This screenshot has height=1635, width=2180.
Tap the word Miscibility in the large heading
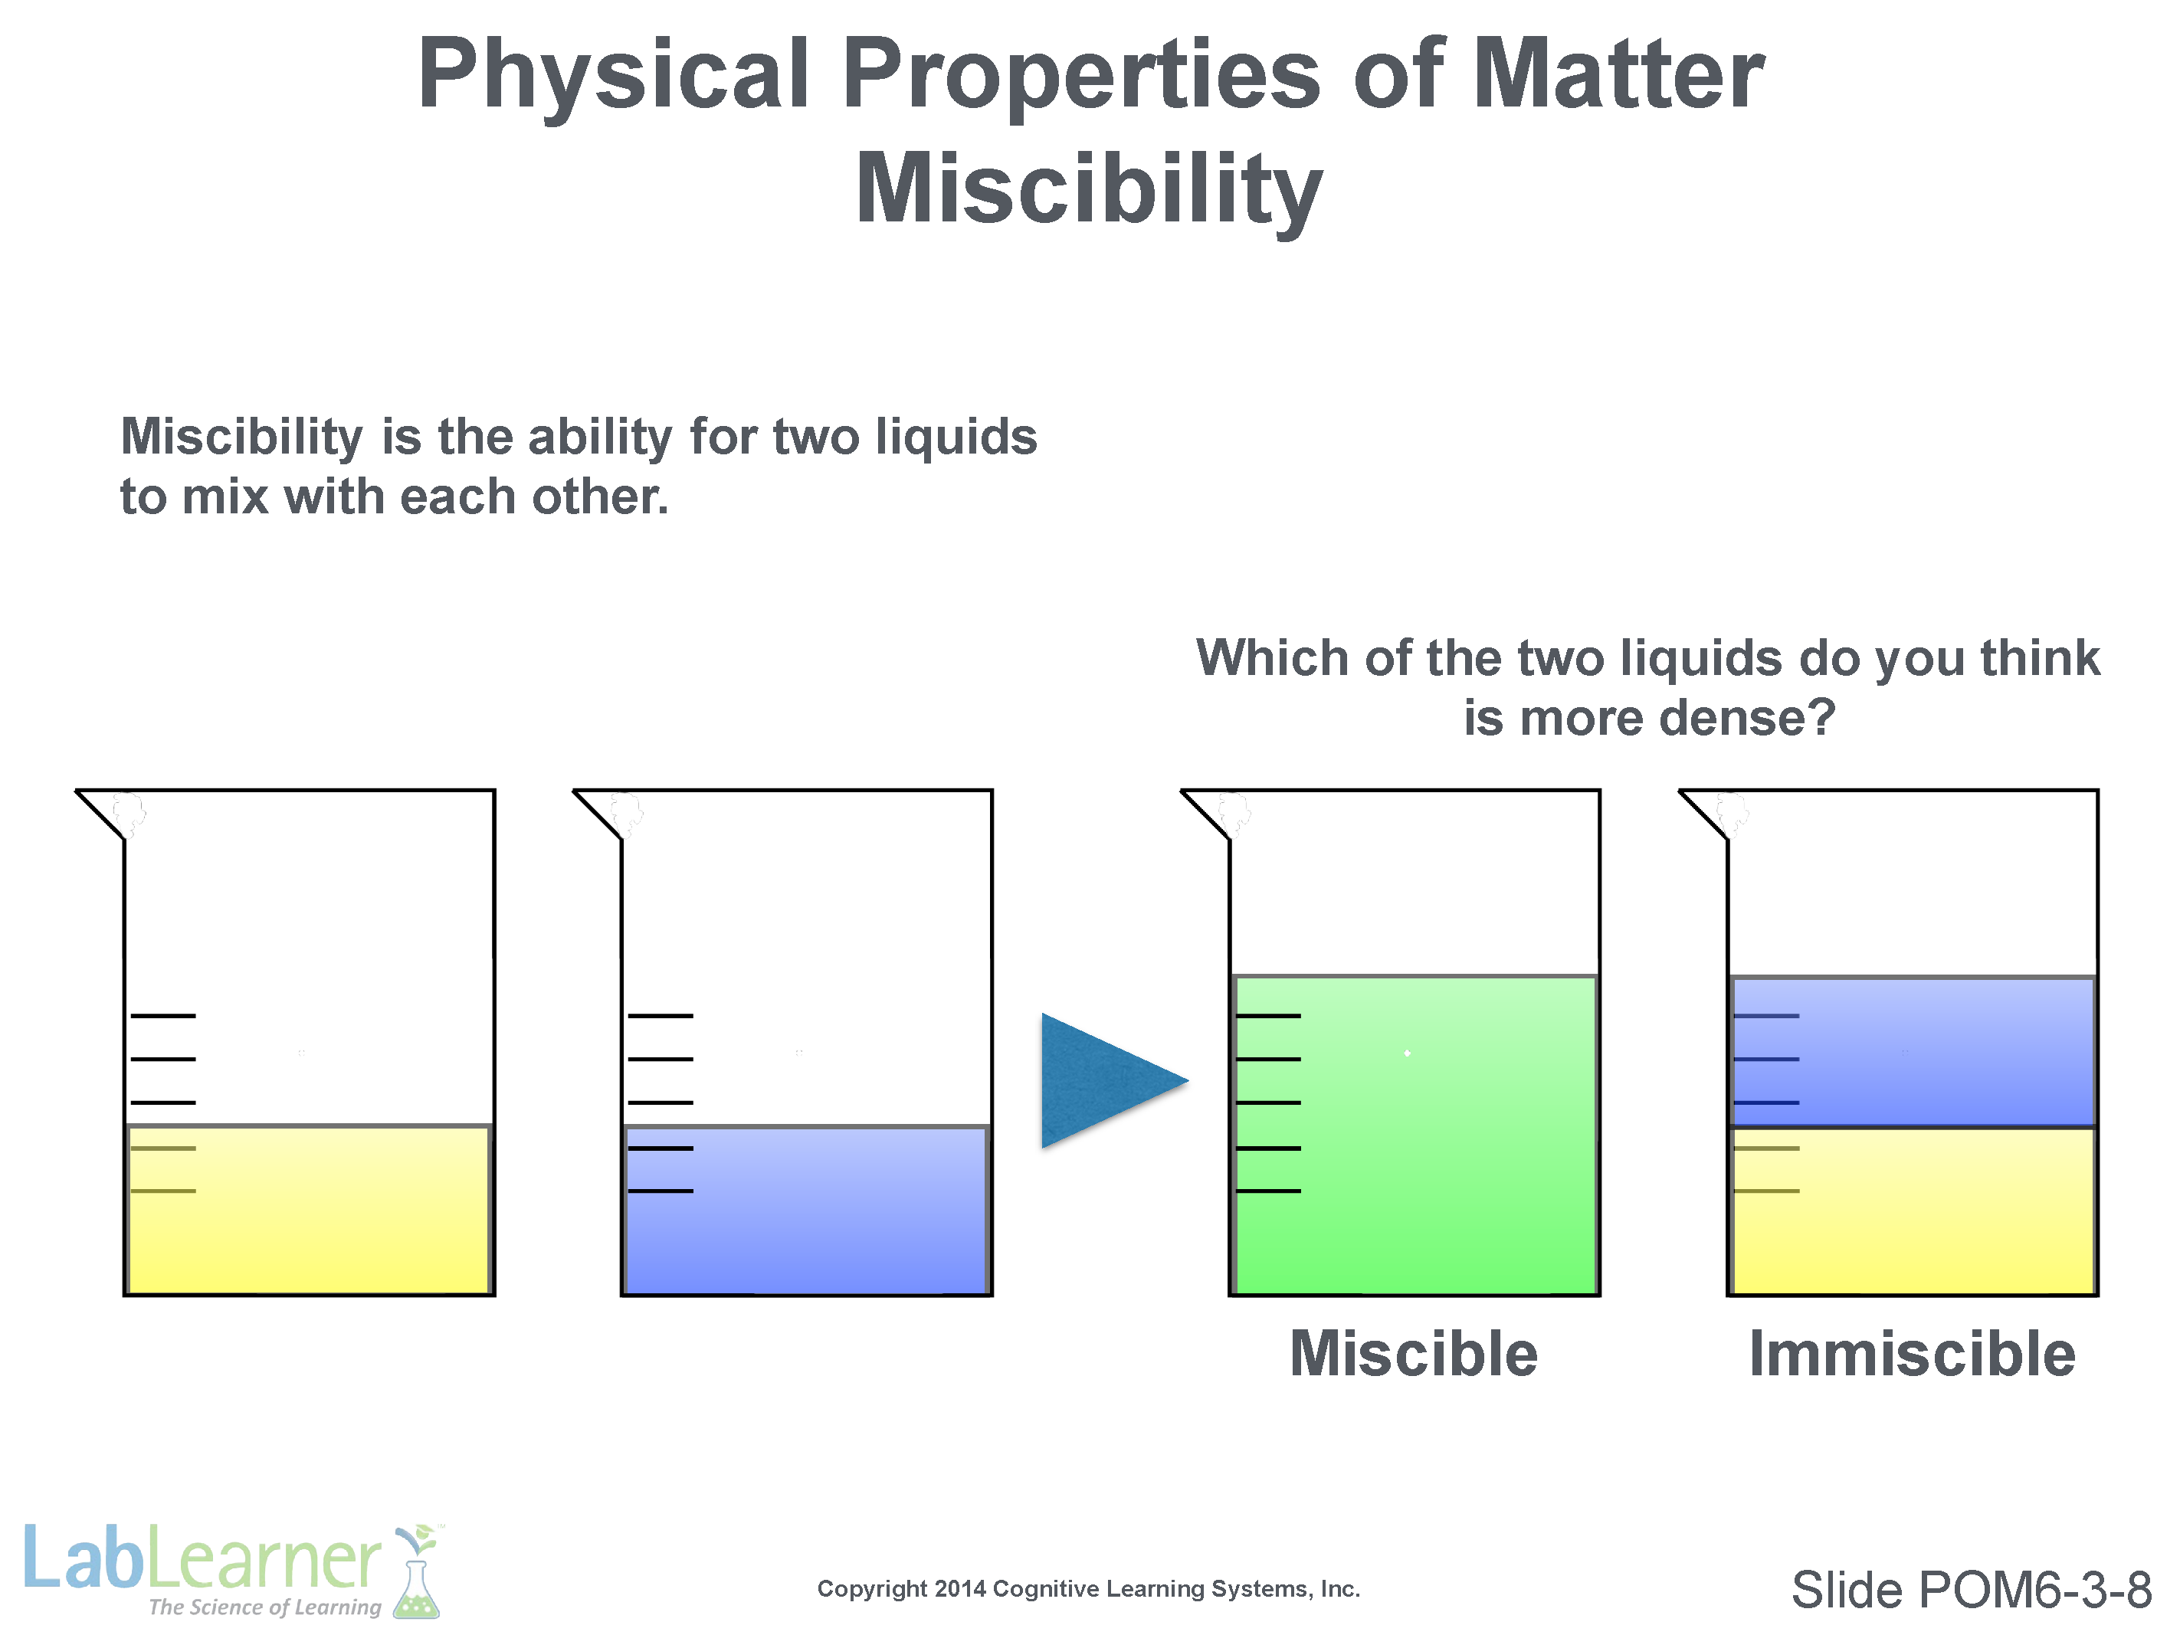[x=1089, y=190]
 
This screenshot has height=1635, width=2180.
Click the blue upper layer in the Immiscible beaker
[x=1913, y=1050]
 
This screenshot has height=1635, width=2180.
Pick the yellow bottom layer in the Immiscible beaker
[x=1913, y=1211]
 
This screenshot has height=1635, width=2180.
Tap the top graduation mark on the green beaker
[x=1268, y=1015]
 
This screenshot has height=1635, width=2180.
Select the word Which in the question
[x=1272, y=657]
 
